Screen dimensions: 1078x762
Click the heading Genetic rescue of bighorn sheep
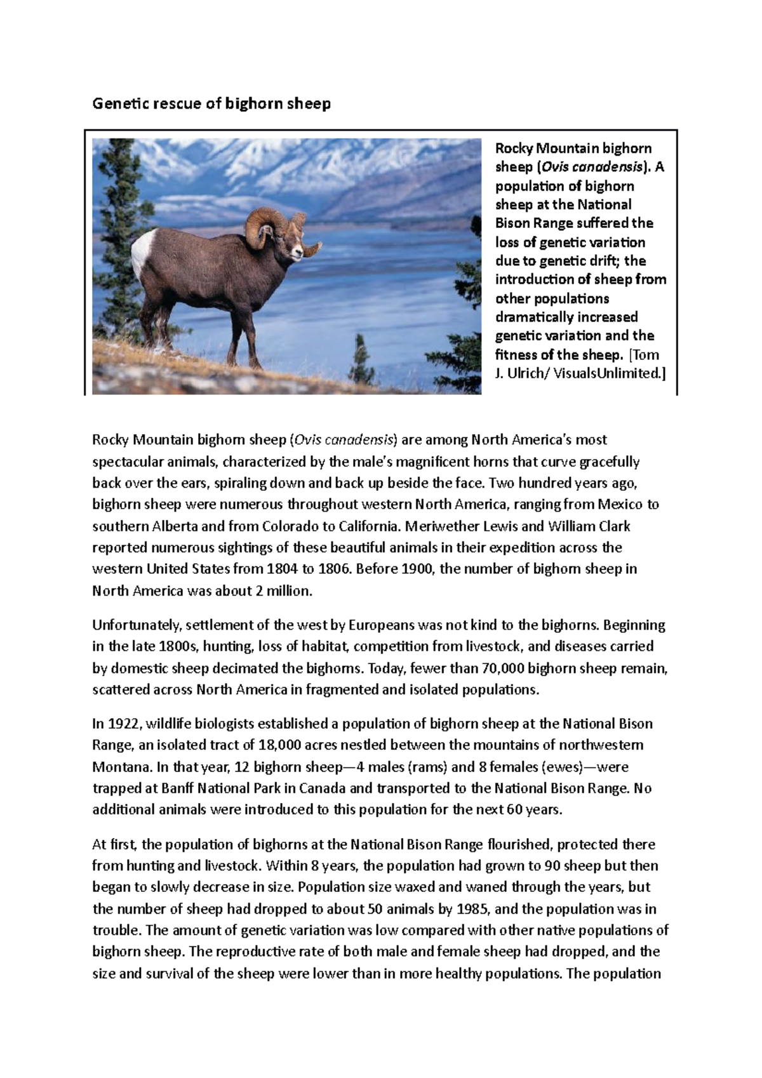pyautogui.click(x=211, y=103)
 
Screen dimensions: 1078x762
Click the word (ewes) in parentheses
pyautogui.click(x=561, y=767)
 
